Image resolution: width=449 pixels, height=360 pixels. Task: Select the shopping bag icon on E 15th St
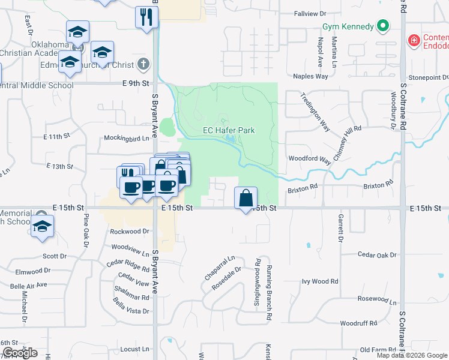pos(246,198)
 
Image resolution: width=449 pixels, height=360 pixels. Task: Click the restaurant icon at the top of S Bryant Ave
pos(146,17)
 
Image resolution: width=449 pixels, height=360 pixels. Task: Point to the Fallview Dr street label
pos(310,13)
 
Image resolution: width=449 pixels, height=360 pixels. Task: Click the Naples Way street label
pos(310,76)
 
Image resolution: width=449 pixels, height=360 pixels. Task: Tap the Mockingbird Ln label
pos(126,138)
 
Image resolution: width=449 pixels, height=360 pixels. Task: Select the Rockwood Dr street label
pos(129,231)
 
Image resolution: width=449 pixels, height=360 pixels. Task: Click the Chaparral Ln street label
pos(219,268)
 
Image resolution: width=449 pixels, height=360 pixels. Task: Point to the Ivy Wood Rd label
pos(320,281)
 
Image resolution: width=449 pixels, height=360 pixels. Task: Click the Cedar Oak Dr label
pos(377,255)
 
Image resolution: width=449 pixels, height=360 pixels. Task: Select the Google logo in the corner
pos(20,353)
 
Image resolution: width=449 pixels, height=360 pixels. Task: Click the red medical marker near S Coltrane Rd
pos(413,41)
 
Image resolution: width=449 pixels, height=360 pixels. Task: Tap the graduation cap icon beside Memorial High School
pos(42,227)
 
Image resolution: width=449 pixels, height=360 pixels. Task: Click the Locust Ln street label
pos(134,349)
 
